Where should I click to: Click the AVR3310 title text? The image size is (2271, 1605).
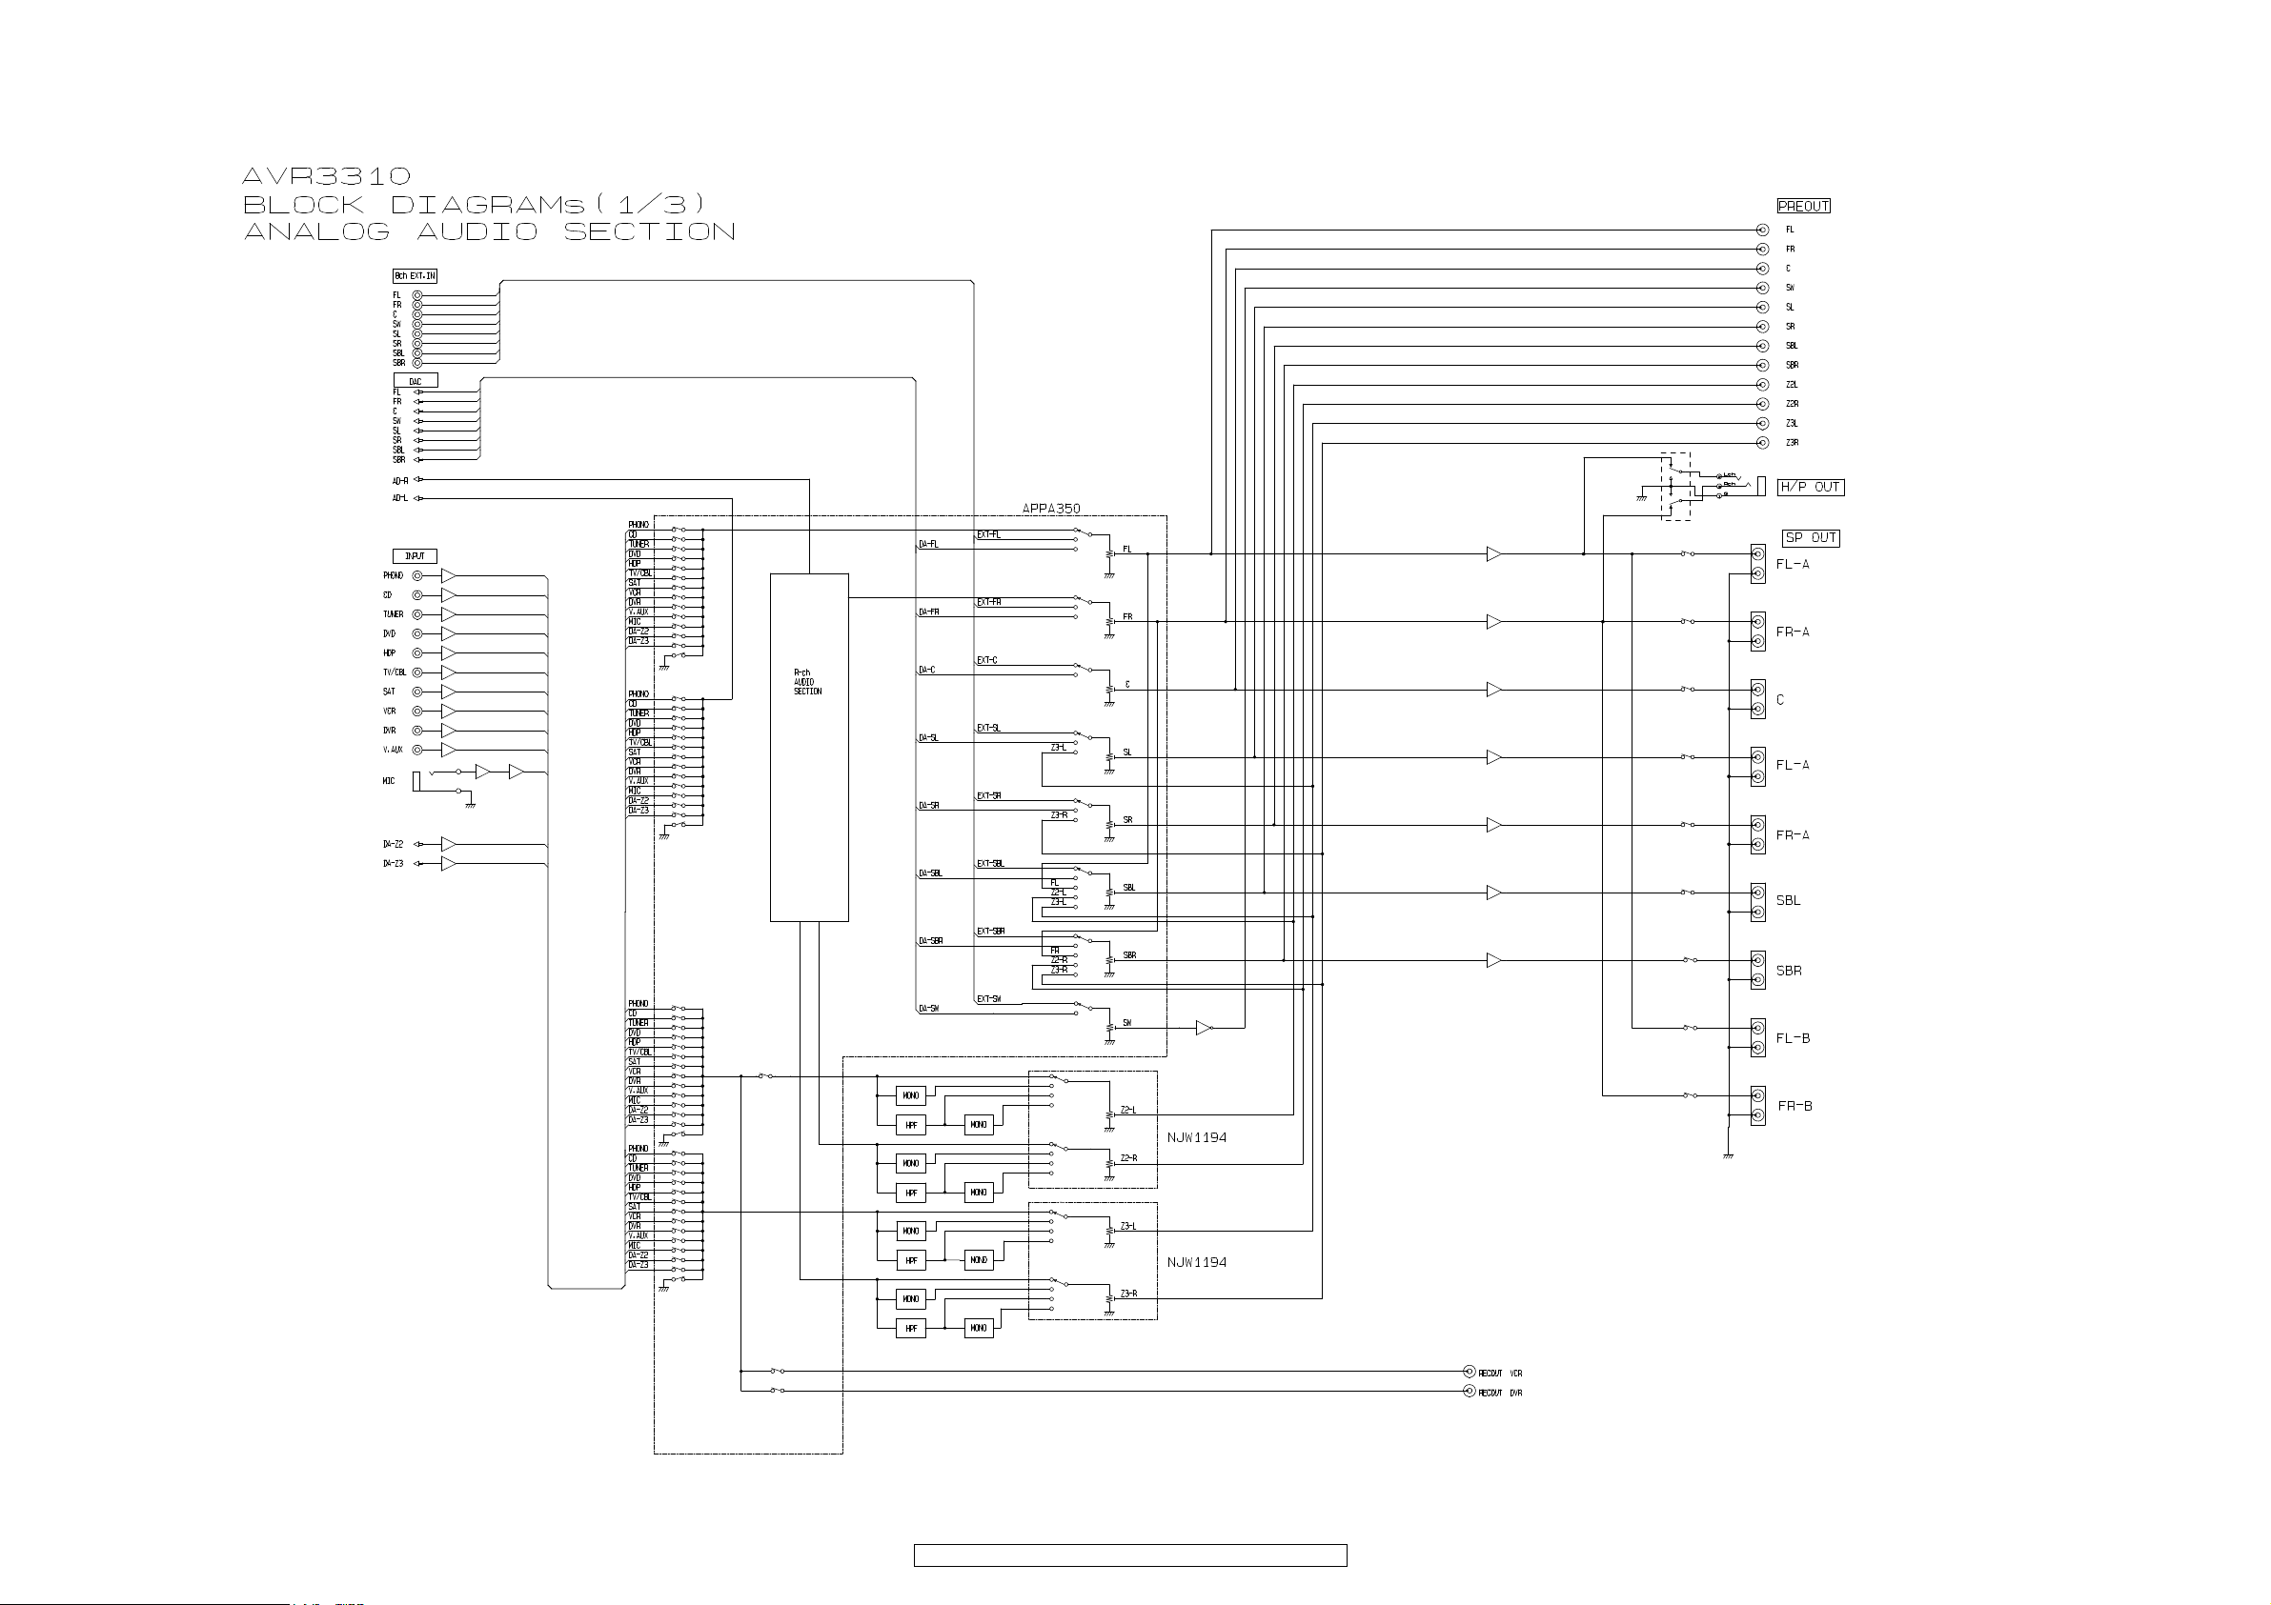point(327,176)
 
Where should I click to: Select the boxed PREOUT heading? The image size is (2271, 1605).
point(1803,206)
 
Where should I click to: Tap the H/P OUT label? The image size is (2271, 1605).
point(1810,487)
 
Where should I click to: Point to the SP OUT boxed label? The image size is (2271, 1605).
point(1810,538)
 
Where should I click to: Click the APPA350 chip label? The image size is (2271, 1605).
point(1050,509)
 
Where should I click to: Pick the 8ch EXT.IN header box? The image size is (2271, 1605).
point(415,276)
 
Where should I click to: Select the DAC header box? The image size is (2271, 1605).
point(416,381)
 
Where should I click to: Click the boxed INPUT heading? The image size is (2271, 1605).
point(415,555)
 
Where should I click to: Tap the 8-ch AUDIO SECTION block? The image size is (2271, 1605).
point(809,747)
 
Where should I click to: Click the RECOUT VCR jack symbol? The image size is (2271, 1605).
point(1469,1372)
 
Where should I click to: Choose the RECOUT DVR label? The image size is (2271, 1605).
point(1499,1393)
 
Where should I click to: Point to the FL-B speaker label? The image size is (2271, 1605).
point(1793,1038)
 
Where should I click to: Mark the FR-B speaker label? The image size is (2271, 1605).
point(1794,1106)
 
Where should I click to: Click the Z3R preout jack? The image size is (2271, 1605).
point(1761,443)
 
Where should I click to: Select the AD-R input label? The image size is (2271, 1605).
point(399,481)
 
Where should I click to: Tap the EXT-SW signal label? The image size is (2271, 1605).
point(988,999)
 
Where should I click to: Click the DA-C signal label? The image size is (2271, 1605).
point(927,671)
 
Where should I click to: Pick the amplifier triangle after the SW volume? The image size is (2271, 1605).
point(1203,1028)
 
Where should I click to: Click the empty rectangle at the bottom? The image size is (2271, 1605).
point(1129,1555)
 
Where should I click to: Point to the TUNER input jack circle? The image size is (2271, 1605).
point(417,614)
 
